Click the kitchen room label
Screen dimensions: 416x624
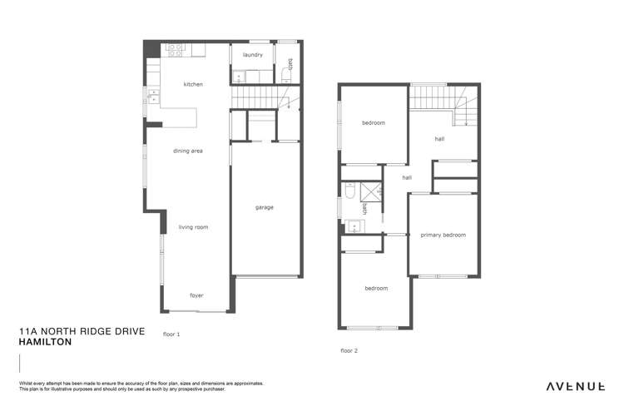(193, 84)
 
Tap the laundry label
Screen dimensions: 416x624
(253, 55)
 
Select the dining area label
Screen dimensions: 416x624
(188, 151)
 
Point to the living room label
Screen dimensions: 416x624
(194, 226)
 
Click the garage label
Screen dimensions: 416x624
(264, 207)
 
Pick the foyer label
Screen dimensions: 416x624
(196, 295)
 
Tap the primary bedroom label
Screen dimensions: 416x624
(443, 235)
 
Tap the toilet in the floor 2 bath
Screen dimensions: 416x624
(350, 193)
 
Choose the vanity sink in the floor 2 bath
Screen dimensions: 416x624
(352, 225)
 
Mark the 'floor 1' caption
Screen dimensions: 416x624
(171, 334)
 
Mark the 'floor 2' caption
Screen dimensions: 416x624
(349, 350)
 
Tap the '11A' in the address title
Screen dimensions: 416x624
(28, 331)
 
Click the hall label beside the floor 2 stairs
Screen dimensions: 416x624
(439, 139)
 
